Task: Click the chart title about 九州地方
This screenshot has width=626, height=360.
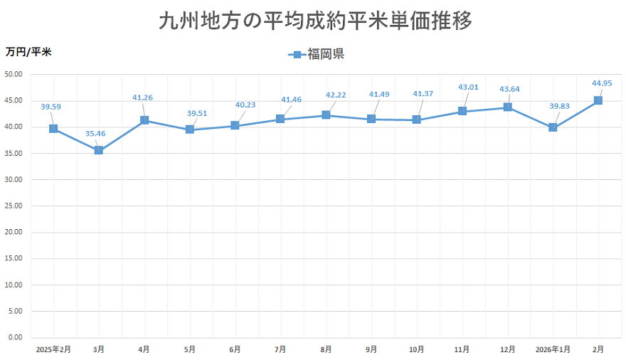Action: coord(315,21)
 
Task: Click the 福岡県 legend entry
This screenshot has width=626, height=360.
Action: coord(317,54)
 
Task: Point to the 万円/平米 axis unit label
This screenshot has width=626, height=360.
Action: coord(28,51)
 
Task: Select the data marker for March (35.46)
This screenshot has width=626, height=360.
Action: coord(99,150)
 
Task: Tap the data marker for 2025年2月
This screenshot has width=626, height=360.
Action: coord(53,129)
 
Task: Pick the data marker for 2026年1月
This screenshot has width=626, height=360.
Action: coord(553,127)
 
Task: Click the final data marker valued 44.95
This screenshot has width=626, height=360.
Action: coord(598,100)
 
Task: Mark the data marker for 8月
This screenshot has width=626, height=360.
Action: coord(326,115)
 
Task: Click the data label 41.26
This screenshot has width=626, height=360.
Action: coord(143,97)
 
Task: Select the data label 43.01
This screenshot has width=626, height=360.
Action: coord(468,87)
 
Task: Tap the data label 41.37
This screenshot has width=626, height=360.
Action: coord(423,94)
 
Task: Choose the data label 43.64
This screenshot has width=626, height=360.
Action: coord(509,89)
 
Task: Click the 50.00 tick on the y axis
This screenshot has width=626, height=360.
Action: coord(14,74)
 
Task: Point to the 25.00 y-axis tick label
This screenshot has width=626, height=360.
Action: coord(14,206)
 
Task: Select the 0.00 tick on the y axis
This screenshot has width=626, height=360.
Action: coord(16,337)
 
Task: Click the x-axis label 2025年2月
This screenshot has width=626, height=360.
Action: coord(53,349)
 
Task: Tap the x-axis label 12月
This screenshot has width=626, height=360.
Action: coord(507,349)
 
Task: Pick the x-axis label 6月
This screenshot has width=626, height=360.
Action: coord(235,349)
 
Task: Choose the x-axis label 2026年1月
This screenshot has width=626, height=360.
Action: coord(553,349)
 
